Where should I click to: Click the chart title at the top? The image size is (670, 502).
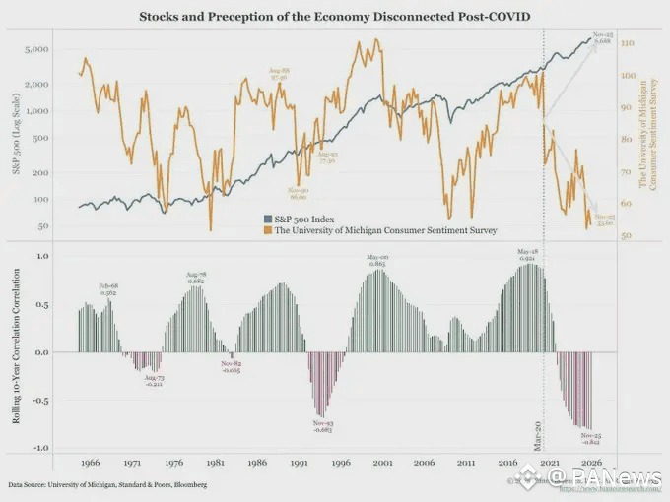(335, 17)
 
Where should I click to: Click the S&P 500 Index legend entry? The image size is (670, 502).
(304, 219)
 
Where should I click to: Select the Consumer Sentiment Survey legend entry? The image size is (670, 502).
(379, 229)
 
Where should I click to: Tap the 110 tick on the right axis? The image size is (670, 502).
(627, 44)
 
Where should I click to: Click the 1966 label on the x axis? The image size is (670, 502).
(90, 461)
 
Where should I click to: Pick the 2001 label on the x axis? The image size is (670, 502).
(382, 461)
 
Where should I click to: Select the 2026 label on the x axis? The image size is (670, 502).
(591, 461)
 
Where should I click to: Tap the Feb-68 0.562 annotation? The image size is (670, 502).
(109, 287)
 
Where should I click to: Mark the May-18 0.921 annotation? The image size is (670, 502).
(529, 254)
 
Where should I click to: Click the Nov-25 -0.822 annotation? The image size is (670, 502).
(592, 438)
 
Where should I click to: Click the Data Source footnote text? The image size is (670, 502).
(108, 485)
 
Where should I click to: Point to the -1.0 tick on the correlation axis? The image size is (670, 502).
(42, 448)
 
